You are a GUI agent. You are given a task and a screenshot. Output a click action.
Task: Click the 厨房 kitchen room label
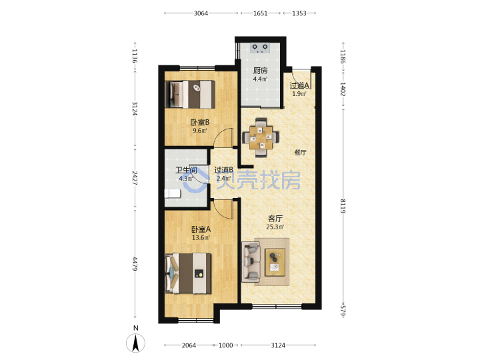[x=260, y=71]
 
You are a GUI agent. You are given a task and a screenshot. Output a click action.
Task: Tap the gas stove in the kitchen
[x=259, y=48]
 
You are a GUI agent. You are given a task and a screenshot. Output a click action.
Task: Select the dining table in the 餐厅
[x=261, y=137]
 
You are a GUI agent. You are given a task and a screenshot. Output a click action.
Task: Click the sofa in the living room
[x=251, y=262]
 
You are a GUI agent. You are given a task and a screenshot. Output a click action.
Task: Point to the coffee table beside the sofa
[x=275, y=262]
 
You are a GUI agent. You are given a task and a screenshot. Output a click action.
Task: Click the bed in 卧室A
[x=188, y=273]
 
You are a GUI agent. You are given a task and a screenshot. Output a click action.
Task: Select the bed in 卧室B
[x=190, y=94]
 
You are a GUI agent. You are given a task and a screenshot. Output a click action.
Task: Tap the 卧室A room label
[x=201, y=229]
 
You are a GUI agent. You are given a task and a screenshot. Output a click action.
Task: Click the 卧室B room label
[x=200, y=123]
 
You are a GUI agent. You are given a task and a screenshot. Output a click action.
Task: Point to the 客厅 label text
[x=275, y=219]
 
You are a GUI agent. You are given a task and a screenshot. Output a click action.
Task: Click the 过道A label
[x=299, y=86]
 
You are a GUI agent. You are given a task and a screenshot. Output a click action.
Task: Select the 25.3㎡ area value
[x=275, y=227]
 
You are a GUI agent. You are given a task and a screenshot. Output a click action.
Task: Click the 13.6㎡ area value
[x=201, y=237]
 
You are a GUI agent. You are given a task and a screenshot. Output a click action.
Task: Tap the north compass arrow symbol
[x=135, y=343]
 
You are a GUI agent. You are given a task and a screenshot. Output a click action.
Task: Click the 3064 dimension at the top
[x=201, y=13]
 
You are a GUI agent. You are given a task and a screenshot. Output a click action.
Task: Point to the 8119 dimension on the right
[x=343, y=206]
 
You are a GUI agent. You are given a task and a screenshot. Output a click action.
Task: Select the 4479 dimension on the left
[x=135, y=263]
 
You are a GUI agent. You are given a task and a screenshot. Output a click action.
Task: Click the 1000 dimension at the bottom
[x=225, y=345]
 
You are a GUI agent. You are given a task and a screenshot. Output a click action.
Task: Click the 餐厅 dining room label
[x=300, y=153]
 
